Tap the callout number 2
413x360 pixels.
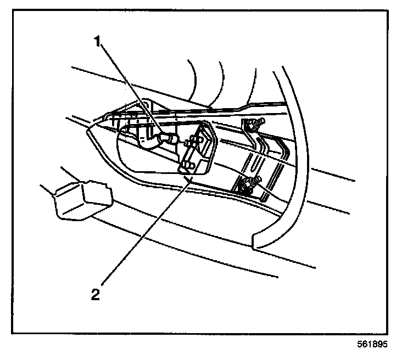(x=96, y=294)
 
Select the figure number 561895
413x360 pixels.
(x=371, y=345)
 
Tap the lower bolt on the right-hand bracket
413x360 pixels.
(x=252, y=184)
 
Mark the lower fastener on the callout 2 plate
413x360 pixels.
(x=187, y=164)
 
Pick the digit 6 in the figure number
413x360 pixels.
(x=359, y=345)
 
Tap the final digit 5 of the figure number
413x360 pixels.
(x=383, y=345)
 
